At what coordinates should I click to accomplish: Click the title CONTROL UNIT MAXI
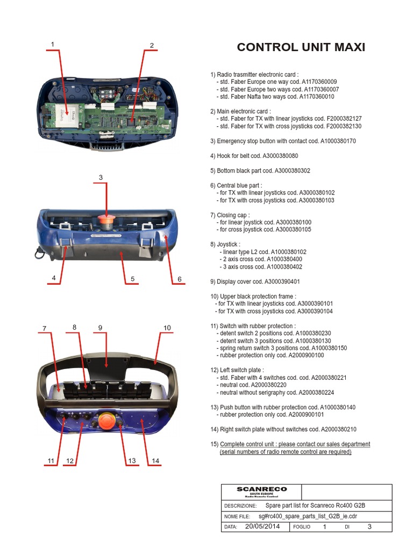coord(301,47)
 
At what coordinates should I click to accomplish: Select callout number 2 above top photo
coord(152,46)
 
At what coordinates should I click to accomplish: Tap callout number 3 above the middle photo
coord(101,177)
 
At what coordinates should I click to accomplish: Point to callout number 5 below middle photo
coord(132,279)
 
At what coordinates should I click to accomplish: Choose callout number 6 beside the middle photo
coord(180,279)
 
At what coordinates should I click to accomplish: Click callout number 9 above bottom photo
coord(100,328)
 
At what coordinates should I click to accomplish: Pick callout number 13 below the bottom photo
coord(132,461)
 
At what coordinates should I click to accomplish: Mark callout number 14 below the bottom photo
coord(155,461)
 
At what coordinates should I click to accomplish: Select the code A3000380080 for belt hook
coord(280,156)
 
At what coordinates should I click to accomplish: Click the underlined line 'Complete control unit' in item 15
coord(295,444)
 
